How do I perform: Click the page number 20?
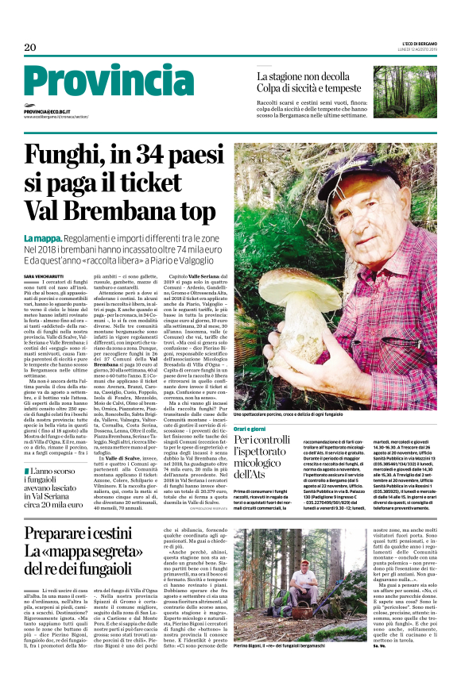click(30, 48)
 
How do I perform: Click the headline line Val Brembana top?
click(119, 210)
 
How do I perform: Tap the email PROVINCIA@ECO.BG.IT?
click(52, 112)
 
